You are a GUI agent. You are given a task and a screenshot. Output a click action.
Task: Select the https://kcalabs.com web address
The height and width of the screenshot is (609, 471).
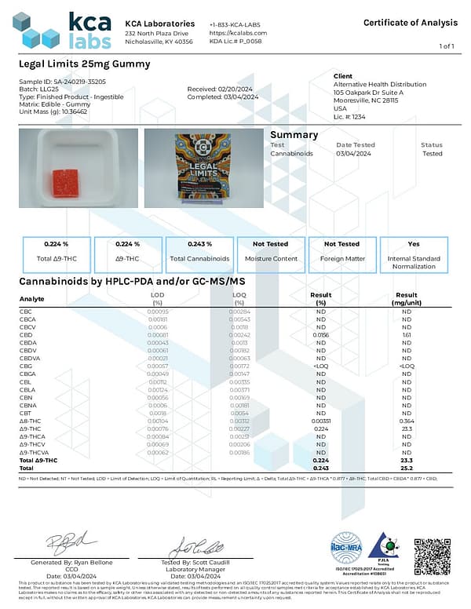[x=239, y=33]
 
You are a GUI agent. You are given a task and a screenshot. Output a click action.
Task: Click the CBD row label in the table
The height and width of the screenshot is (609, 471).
[x=25, y=334]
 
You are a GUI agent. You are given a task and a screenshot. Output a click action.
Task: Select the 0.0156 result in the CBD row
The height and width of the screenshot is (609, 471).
[x=320, y=334]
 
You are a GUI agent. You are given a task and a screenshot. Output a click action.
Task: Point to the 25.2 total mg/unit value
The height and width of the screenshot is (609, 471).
[x=406, y=469]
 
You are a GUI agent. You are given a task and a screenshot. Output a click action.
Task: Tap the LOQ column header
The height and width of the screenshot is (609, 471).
[x=239, y=297]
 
